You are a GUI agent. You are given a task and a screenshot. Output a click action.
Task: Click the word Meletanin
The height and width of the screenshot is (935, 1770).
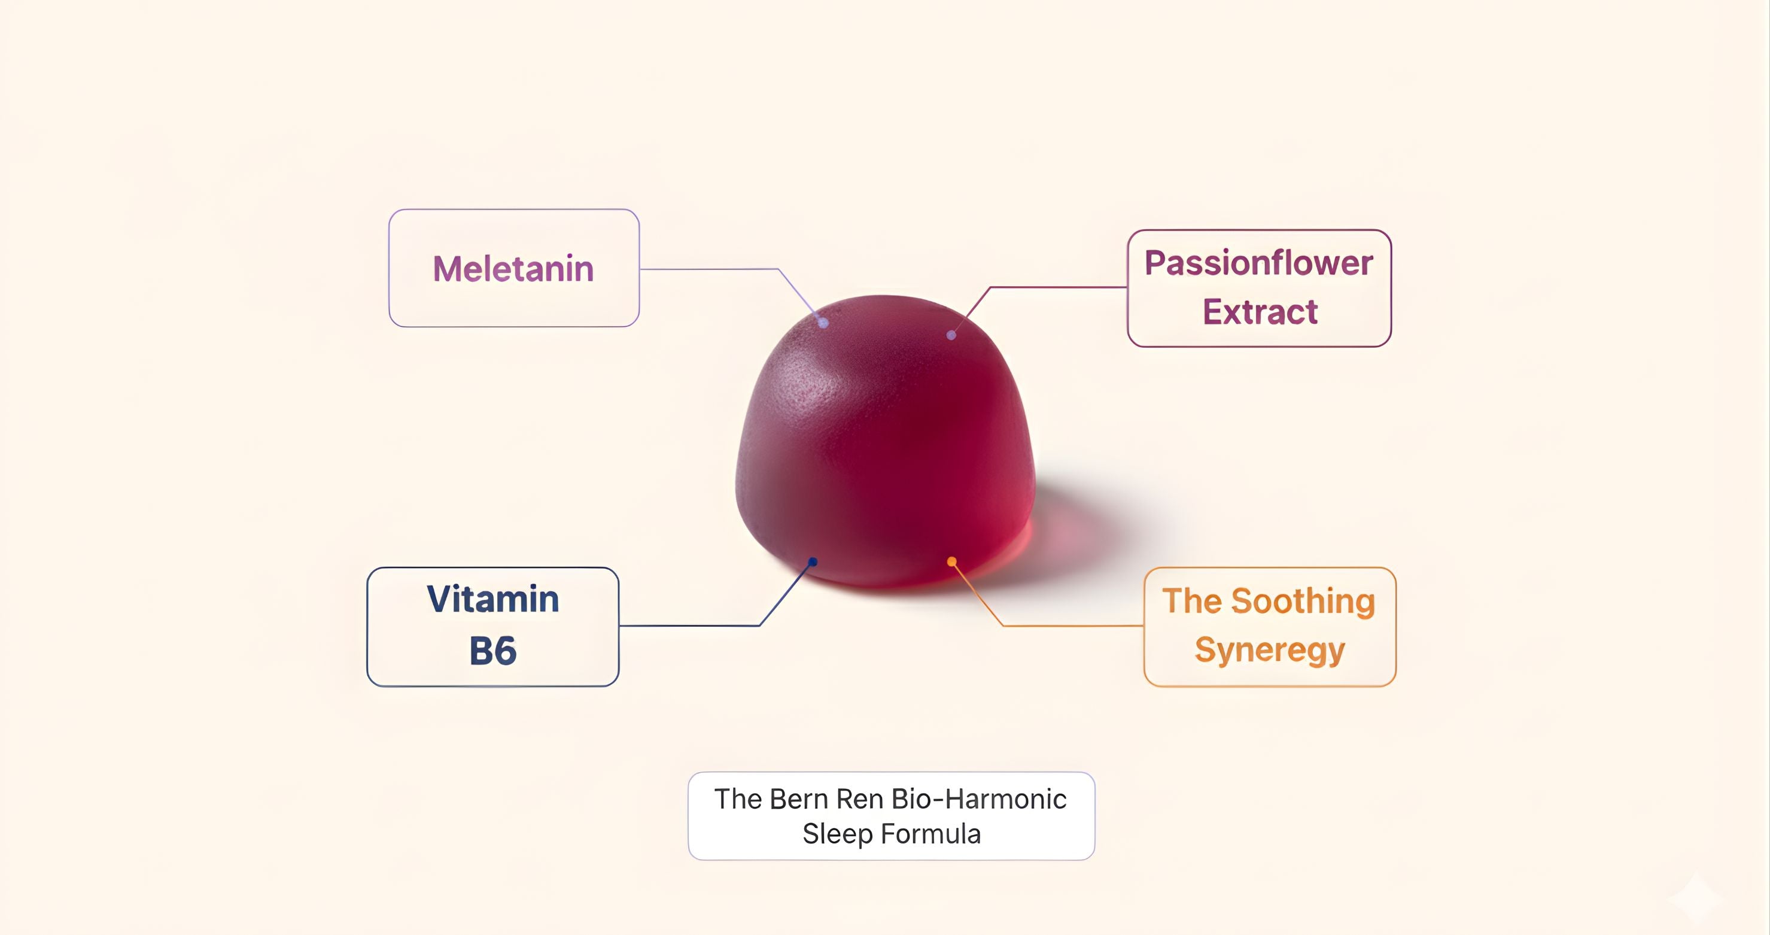click(513, 268)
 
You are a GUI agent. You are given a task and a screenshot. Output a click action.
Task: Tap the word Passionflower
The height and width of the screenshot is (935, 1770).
click(1259, 263)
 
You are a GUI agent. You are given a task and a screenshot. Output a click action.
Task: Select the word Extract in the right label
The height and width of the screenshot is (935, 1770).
click(1260, 311)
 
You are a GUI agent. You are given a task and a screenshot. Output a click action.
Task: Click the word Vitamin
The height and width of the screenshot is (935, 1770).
click(492, 599)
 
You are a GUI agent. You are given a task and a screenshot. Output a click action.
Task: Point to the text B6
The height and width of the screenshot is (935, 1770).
click(492, 651)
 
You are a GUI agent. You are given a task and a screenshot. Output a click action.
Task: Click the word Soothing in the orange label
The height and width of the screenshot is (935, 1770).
click(1303, 602)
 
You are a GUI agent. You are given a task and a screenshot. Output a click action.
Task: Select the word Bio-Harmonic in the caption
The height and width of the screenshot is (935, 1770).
click(978, 799)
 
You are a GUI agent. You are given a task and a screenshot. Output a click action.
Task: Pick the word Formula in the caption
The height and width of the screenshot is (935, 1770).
click(931, 834)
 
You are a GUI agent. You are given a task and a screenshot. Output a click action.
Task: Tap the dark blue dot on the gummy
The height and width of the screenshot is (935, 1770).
click(813, 561)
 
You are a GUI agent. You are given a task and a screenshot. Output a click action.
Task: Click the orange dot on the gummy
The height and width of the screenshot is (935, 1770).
click(951, 561)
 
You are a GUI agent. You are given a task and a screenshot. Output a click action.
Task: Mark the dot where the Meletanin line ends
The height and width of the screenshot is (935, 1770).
click(823, 323)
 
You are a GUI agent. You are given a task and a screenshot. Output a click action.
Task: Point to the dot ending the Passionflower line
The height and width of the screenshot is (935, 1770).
click(951, 335)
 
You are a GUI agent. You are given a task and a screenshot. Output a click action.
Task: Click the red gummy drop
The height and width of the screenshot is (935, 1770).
click(885, 440)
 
